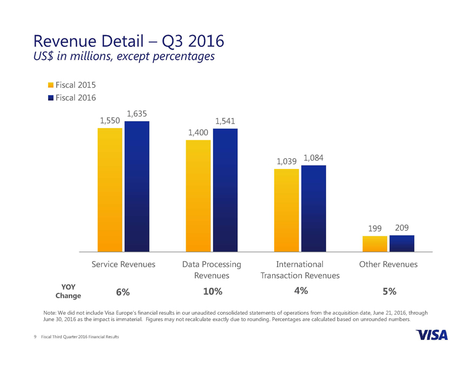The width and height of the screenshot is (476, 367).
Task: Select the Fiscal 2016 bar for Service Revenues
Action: click(x=137, y=186)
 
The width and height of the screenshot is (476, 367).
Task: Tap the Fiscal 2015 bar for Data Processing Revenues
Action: click(x=198, y=196)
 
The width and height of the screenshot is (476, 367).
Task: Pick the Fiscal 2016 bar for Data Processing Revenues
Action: click(x=225, y=190)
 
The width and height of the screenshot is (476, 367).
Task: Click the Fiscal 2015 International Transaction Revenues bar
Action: click(x=287, y=210)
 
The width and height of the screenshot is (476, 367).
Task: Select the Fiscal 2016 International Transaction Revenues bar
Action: click(x=314, y=208)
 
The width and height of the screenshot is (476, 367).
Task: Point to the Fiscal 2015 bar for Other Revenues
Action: click(x=375, y=244)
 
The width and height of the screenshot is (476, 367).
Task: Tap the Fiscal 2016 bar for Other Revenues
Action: click(x=402, y=243)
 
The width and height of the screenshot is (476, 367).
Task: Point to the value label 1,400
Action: click(x=198, y=132)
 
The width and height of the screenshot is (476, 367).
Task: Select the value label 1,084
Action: click(x=314, y=158)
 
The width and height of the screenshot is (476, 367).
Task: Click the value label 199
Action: click(x=375, y=229)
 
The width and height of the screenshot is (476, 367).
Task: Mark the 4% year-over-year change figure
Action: click(x=301, y=291)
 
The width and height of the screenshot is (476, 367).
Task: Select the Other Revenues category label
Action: click(x=388, y=264)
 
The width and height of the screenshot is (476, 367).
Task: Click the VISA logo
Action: click(x=432, y=335)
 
